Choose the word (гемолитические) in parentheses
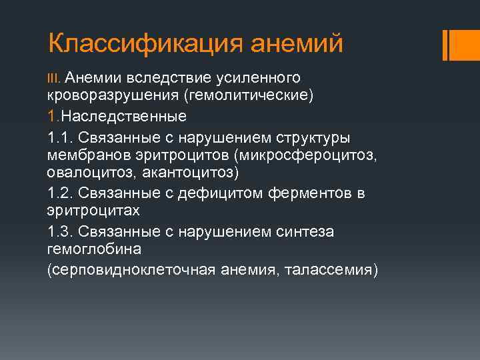249,97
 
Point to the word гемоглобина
94,250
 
